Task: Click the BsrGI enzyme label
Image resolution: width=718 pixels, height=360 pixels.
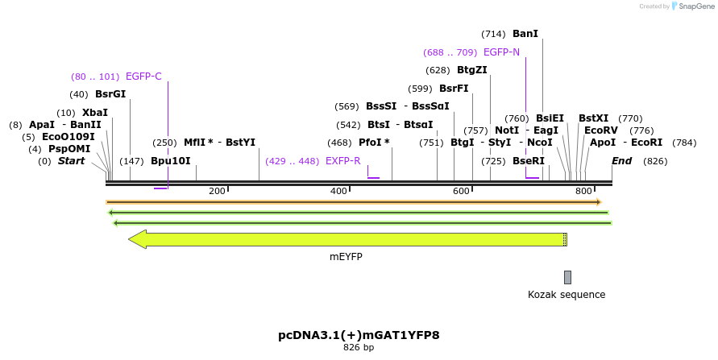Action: click(110, 94)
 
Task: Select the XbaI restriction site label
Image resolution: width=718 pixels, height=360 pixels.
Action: click(95, 113)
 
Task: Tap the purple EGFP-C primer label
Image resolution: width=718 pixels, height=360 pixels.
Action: click(143, 77)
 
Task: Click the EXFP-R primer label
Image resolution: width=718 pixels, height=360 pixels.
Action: click(343, 161)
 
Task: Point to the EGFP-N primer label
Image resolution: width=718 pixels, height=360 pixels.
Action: click(501, 52)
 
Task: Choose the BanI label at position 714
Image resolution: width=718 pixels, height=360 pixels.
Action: click(525, 34)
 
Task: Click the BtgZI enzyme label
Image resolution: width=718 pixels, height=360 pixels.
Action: click(471, 70)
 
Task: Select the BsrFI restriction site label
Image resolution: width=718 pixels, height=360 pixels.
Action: click(454, 89)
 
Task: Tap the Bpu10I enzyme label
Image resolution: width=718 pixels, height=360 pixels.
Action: click(171, 161)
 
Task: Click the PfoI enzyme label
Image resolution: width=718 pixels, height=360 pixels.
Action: click(374, 143)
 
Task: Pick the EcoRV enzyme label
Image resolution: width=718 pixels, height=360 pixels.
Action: click(601, 130)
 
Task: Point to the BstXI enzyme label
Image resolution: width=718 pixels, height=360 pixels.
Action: click(594, 118)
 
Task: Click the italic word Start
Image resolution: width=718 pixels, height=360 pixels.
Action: click(71, 161)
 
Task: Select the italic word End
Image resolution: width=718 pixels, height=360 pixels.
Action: click(621, 161)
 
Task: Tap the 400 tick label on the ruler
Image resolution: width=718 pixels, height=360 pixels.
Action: click(338, 191)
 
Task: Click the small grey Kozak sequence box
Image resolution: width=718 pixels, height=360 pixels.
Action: click(567, 277)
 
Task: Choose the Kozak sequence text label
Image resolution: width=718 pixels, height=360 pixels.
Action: click(567, 295)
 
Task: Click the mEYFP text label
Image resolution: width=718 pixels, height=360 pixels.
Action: click(346, 256)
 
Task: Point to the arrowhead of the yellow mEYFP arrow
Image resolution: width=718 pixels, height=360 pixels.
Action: click(137, 239)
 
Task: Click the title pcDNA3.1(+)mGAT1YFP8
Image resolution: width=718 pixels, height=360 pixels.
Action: click(359, 334)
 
